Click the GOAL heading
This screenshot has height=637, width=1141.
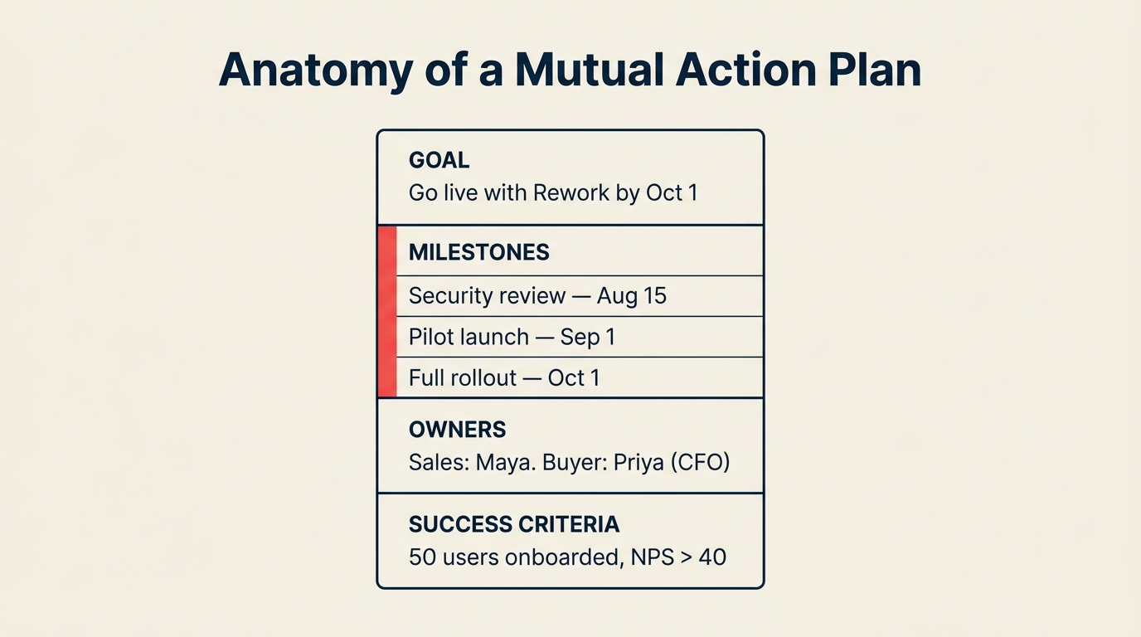coord(439,160)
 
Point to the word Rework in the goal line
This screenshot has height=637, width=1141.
coord(572,193)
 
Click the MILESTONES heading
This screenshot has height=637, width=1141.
coord(478,252)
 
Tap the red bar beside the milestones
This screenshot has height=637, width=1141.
coord(386,312)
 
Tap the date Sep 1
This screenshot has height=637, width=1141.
coord(587,337)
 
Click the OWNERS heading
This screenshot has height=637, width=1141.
coord(457,430)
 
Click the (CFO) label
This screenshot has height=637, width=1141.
coord(701,463)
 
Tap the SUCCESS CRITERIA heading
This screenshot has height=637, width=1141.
coord(514,524)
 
